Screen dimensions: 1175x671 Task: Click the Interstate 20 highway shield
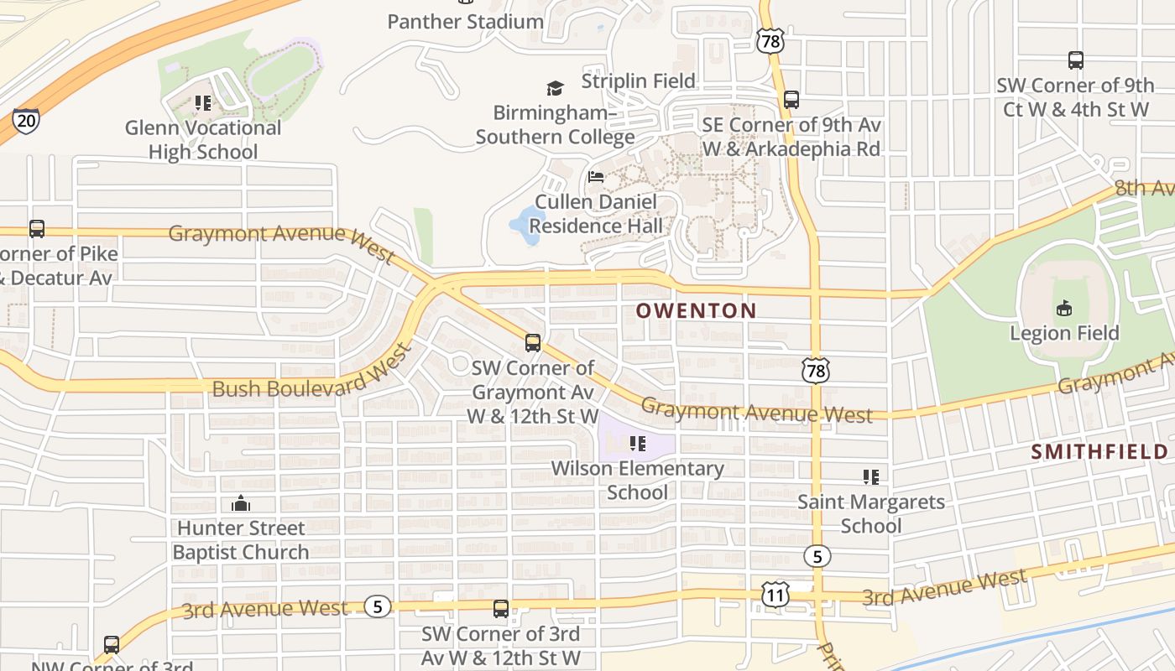pos(26,121)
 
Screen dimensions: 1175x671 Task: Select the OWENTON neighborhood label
pos(696,310)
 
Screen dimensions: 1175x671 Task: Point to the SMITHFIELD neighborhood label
pos(1099,452)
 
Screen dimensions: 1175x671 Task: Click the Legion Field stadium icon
pos(1064,309)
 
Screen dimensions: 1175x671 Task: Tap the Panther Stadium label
pos(465,21)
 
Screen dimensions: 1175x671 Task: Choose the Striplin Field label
pos(639,81)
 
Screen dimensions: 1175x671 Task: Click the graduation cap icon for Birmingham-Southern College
pos(555,88)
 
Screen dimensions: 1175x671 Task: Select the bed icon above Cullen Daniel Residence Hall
pos(596,177)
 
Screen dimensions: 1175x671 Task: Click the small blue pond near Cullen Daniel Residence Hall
pos(527,225)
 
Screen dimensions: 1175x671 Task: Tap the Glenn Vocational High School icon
pos(202,103)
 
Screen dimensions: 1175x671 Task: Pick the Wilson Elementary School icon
pos(637,443)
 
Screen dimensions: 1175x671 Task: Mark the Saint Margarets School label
pos(871,514)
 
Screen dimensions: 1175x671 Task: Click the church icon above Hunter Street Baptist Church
pos(241,503)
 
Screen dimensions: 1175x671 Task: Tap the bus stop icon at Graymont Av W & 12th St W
pos(533,342)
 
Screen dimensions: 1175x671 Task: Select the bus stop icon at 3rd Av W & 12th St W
pos(501,609)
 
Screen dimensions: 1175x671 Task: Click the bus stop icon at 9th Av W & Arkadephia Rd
pos(791,100)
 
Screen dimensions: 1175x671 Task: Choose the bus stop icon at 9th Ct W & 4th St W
pos(1076,60)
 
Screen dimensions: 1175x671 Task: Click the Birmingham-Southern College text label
pos(555,124)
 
